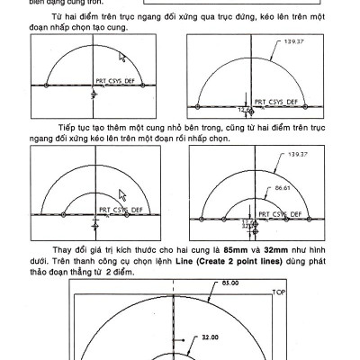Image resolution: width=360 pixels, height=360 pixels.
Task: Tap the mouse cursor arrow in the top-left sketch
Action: coord(123,56)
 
